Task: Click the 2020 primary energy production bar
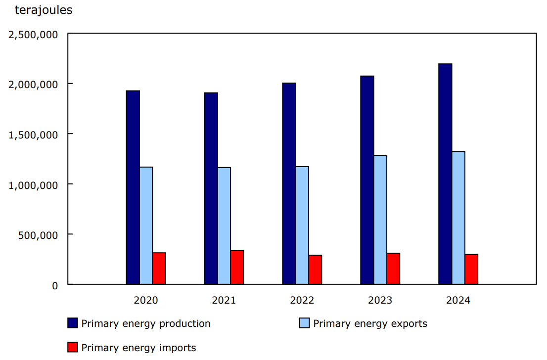[x=133, y=187]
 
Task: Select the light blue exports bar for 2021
[x=224, y=226]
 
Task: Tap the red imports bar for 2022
[x=315, y=270]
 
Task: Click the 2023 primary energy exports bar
[x=380, y=220]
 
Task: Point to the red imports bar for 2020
[x=159, y=269]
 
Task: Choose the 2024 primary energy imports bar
[x=471, y=269]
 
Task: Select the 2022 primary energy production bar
[x=289, y=183]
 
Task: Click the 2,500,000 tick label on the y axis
[x=33, y=34]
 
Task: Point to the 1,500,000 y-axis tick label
[x=33, y=135]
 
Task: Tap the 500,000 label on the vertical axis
[x=39, y=234]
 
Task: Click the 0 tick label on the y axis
[x=55, y=285]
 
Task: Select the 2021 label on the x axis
[x=224, y=300]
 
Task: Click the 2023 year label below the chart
[x=380, y=300]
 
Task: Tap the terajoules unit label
[x=44, y=10]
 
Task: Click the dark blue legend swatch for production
[x=73, y=323]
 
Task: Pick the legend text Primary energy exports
[x=370, y=323]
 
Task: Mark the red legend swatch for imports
[x=73, y=348]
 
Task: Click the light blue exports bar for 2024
[x=458, y=218]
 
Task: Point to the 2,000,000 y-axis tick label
[x=33, y=84]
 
